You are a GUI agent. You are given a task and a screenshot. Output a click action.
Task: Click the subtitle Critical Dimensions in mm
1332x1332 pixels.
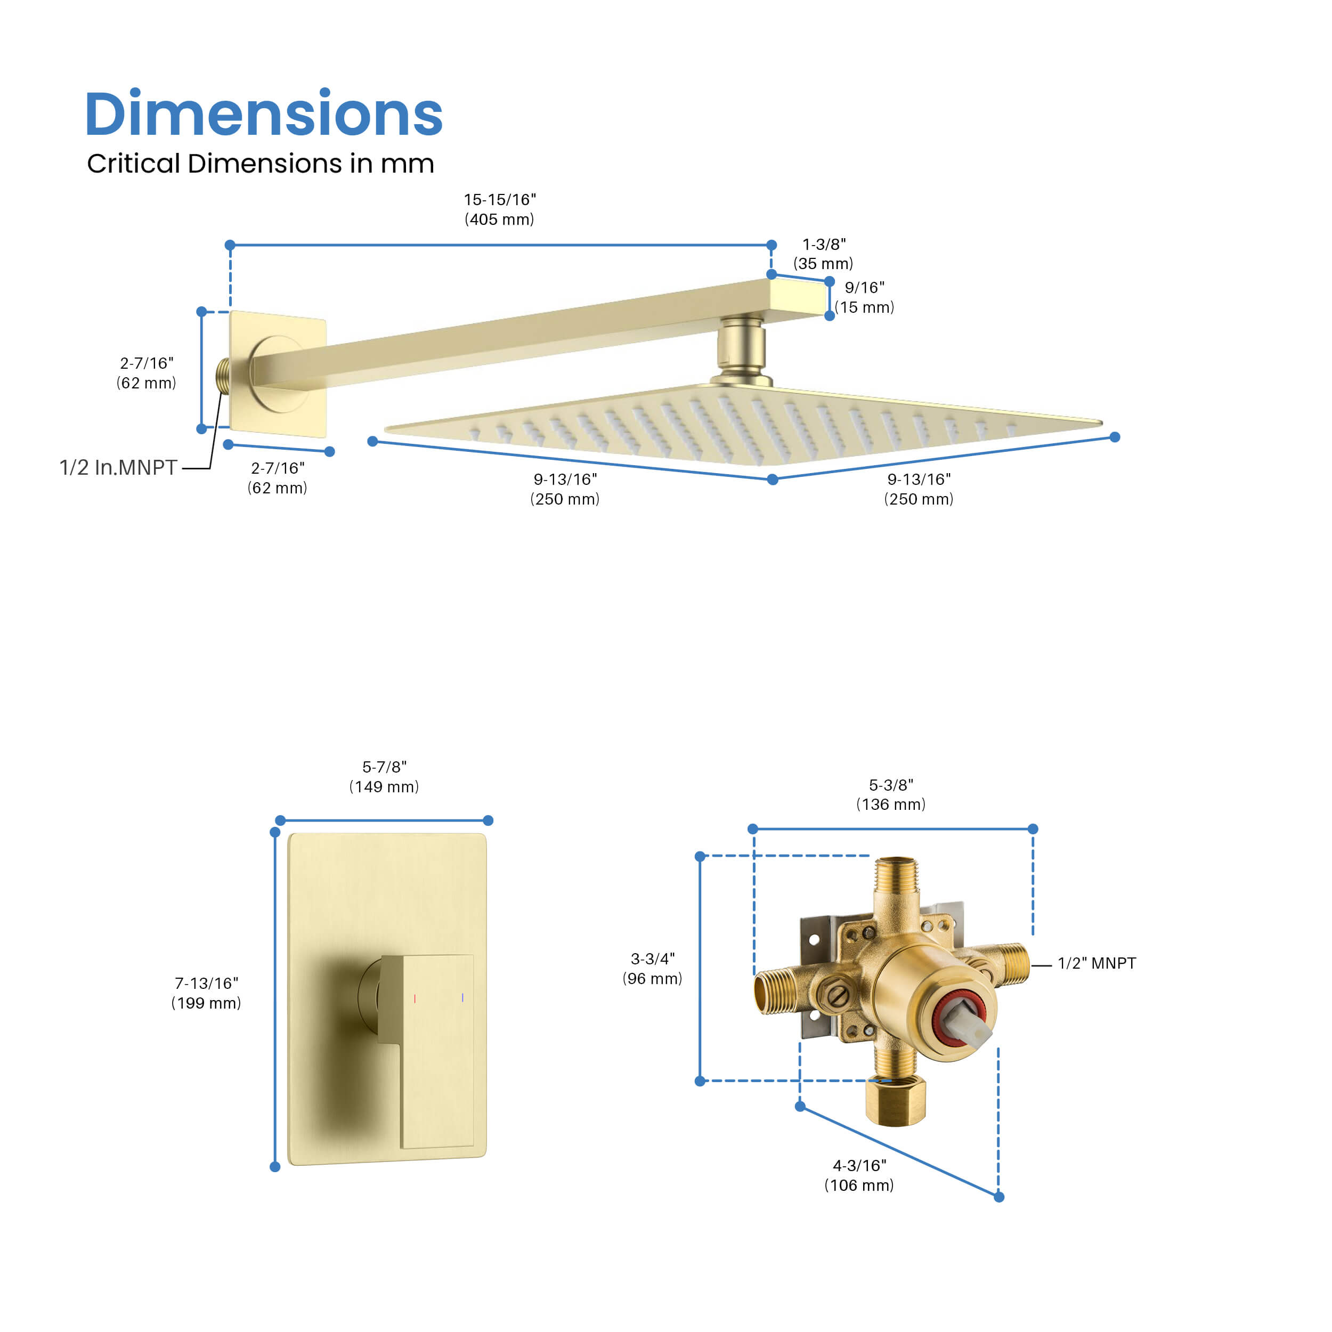pos(260,164)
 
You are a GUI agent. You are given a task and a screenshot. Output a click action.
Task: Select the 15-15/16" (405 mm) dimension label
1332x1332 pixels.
pos(499,209)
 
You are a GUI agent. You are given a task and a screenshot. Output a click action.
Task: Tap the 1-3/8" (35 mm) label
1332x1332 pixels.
pos(823,254)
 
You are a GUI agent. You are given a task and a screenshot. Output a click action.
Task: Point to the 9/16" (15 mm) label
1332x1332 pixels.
pos(865,297)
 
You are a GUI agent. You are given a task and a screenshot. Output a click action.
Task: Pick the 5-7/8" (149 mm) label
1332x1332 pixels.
pos(384,776)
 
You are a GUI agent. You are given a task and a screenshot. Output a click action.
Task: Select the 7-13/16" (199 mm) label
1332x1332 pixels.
pos(206,993)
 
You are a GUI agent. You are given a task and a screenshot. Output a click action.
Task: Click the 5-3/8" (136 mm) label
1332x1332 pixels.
pos(891,794)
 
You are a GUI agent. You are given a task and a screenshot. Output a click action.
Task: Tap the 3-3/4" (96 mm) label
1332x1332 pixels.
pos(652,968)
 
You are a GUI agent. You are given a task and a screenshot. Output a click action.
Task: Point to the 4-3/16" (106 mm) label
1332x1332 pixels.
pos(859,1175)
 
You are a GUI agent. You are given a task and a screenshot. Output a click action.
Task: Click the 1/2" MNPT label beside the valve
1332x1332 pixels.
pos(1096,963)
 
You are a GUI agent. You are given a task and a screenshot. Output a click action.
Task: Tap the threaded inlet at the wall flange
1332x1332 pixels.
pos(223,376)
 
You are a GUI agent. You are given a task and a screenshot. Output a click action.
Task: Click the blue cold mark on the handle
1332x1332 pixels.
pos(462,997)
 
